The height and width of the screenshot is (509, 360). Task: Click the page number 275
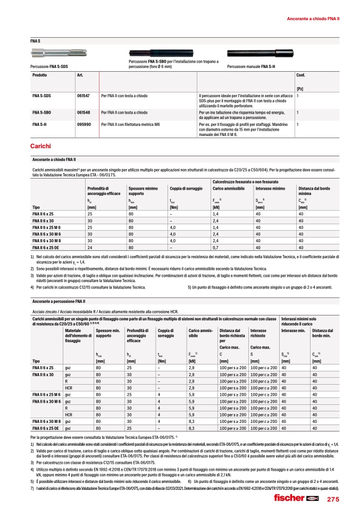coord(333,499)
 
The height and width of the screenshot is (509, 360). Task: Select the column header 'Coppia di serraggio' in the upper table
coord(186,189)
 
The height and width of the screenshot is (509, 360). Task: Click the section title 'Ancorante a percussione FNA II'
coord(58,301)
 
